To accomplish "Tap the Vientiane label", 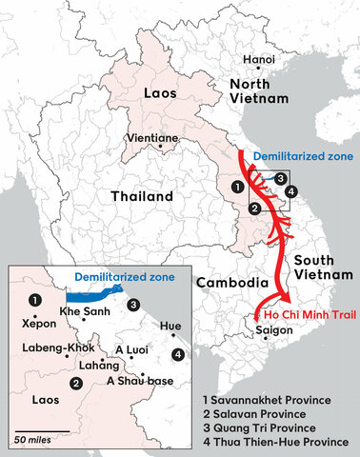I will tap(155, 138).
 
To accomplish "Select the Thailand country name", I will tap(140, 197).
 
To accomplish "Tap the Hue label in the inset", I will tap(170, 326).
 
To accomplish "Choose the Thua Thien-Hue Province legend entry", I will tap(281, 443).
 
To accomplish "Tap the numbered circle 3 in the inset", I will tap(134, 305).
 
